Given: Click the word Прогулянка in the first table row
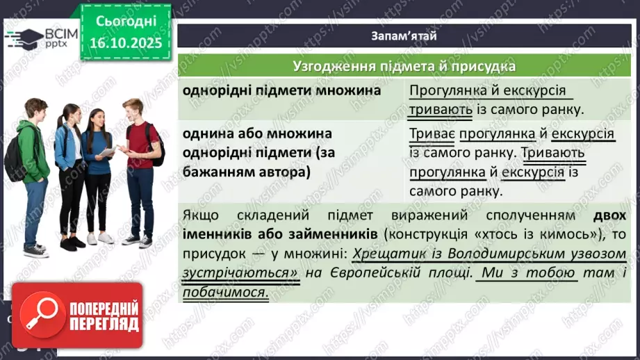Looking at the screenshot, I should (x=443, y=91).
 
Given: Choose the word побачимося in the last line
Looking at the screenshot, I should (x=225, y=293).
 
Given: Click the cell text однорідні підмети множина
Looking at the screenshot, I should (x=281, y=91).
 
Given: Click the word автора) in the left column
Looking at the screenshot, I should (x=283, y=172).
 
